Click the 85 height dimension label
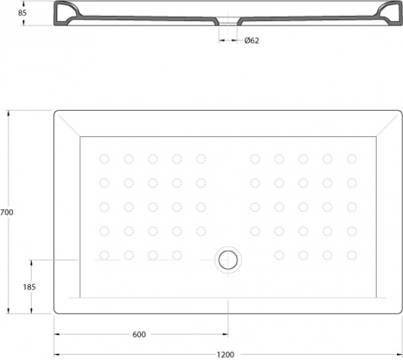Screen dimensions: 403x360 [x=22, y=13]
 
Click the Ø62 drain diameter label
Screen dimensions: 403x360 [x=252, y=40]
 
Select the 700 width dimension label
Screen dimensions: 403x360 [x=7, y=212]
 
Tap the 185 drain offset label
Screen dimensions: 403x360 [x=30, y=287]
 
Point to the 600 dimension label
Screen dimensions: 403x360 [x=139, y=334]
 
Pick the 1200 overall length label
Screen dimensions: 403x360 [x=226, y=355]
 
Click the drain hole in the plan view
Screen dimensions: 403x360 [x=228, y=260]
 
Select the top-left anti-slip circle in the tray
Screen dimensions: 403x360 [x=104, y=159]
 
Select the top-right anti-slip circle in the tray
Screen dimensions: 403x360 [x=352, y=159]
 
